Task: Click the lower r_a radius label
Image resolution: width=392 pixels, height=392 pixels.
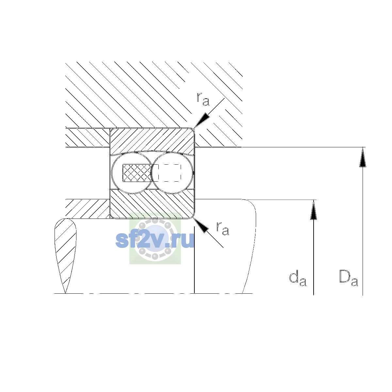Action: pyautogui.click(x=222, y=228)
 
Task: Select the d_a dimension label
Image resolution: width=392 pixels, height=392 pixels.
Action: pyautogui.click(x=298, y=278)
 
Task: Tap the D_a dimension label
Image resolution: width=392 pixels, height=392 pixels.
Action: pyautogui.click(x=349, y=278)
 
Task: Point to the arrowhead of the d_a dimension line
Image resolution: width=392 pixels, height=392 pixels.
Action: pyautogui.click(x=314, y=209)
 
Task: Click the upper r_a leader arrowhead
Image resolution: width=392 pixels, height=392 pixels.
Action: pyautogui.click(x=202, y=120)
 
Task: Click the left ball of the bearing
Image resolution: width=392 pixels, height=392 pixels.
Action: pyautogui.click(x=132, y=173)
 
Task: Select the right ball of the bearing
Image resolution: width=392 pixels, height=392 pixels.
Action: pyautogui.click(x=172, y=173)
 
